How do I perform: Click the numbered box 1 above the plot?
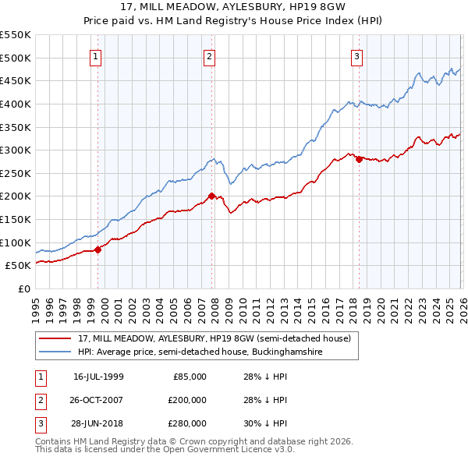coord(95,55)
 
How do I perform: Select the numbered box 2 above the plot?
coord(210,55)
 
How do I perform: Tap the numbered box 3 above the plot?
coord(356,55)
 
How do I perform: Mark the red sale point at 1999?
coord(97,249)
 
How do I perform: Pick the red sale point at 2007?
coord(211,196)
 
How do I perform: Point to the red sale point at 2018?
coord(359,159)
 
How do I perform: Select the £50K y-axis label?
coord(19,265)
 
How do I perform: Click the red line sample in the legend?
coord(57,338)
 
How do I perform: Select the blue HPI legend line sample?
coord(57,352)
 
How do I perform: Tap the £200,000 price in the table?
coord(186,400)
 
